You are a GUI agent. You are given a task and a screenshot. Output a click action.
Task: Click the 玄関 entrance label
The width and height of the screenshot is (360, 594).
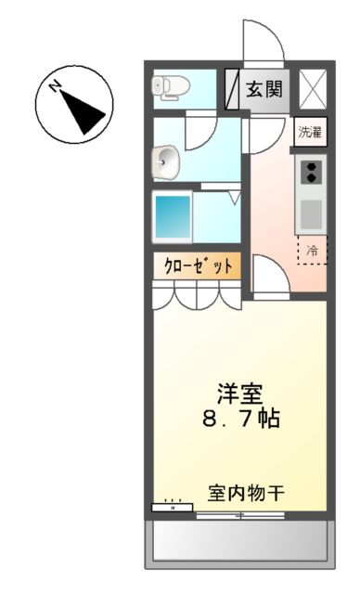pos(265,89)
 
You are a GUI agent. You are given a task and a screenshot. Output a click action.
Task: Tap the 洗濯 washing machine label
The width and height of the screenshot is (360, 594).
pos(310,132)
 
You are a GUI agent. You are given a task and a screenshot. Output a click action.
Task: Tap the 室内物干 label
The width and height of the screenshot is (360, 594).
pos(245,494)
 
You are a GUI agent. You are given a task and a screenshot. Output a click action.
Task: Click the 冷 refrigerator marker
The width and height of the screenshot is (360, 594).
pos(313,249)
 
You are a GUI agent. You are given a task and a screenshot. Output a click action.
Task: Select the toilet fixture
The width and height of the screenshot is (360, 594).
pos(172,87)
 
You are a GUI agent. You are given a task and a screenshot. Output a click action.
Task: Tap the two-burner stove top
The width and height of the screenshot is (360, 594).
pos(312,172)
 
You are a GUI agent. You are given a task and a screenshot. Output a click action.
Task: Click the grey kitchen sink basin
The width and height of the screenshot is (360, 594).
pos(312,213)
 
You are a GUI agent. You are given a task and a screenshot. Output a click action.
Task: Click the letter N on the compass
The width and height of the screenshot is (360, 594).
pos(56,88)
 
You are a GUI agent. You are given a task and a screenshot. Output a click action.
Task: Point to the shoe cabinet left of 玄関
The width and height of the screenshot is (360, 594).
pos(232,90)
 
